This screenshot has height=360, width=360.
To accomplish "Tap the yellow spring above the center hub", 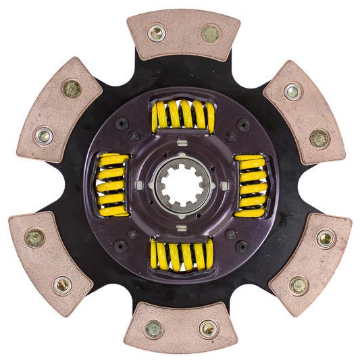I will coord(182,115).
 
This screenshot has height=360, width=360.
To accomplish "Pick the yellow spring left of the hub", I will coord(112,184).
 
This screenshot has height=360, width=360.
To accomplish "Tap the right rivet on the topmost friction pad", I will coord(210,33).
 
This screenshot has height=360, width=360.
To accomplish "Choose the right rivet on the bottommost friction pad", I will coord(208,329).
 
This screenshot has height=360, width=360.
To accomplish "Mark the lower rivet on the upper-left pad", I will coord(44,135).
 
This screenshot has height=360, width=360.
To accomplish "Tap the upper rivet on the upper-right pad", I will coord(292,91).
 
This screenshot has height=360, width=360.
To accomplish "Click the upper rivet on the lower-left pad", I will coord(35,237).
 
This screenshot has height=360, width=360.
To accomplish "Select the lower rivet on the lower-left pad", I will coord(62,284).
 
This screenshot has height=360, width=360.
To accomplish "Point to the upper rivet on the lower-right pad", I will coord(325,238).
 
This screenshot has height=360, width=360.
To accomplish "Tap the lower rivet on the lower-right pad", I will coord(299,284).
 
